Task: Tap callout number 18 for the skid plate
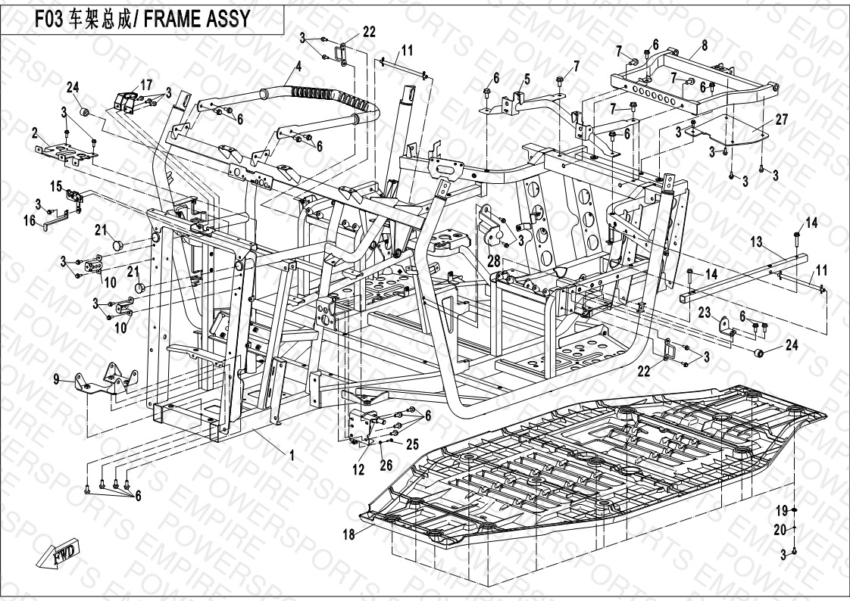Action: [348, 534]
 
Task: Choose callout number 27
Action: [783, 120]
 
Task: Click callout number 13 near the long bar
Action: [756, 242]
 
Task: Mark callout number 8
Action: [705, 45]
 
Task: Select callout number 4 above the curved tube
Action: [298, 66]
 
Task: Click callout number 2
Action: [35, 132]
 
